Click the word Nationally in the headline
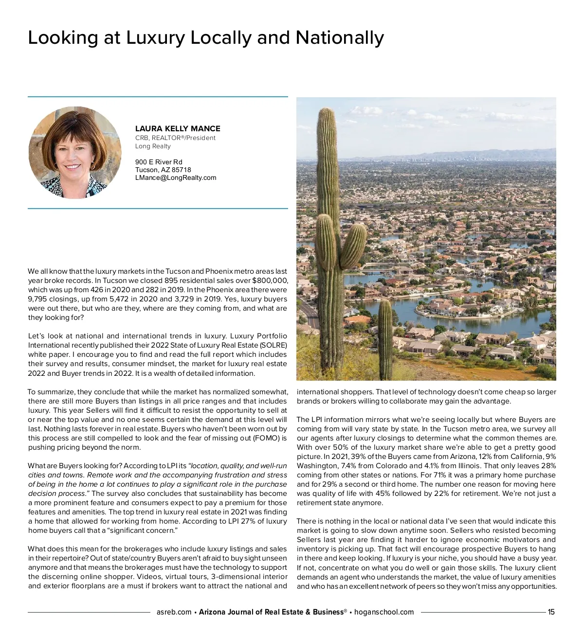click(x=339, y=38)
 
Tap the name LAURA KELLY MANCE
click(x=178, y=129)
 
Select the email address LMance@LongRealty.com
click(x=176, y=178)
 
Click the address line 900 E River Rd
click(x=159, y=162)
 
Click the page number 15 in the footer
click(x=551, y=612)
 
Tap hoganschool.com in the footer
click(x=384, y=612)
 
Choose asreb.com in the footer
click(x=174, y=612)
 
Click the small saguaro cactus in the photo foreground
click(x=385, y=335)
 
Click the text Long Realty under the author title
click(x=153, y=146)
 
